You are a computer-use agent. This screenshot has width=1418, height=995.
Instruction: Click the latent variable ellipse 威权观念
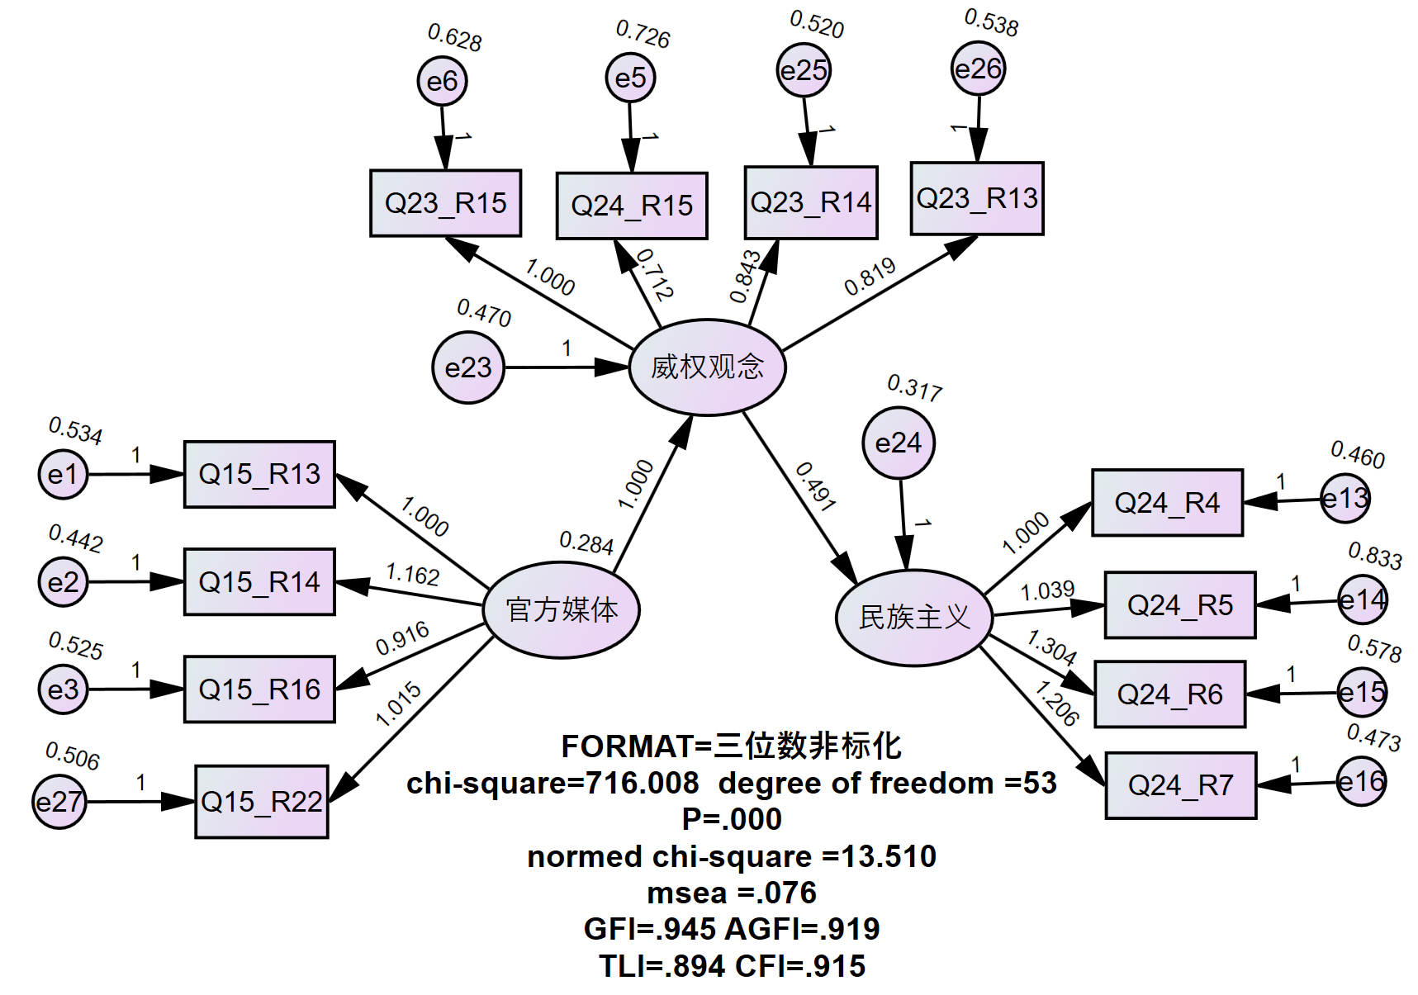coord(707,367)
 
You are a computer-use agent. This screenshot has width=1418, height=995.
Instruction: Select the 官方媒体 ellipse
coord(562,610)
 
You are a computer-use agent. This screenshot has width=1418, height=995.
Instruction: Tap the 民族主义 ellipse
coord(914,618)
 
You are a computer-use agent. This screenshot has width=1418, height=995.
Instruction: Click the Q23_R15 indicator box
coord(445,203)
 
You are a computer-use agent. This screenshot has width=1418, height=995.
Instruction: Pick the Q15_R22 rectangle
coord(262,802)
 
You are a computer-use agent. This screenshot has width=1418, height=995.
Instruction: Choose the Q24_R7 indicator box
coord(1181,785)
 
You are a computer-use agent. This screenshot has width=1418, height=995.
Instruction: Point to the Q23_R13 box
coord(977,198)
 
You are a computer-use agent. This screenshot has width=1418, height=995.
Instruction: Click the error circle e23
coord(468,367)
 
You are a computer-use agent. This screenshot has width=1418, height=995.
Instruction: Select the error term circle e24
coord(899,443)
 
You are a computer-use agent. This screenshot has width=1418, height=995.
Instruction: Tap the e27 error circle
coord(59,802)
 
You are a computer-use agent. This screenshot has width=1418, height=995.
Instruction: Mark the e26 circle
coord(978,69)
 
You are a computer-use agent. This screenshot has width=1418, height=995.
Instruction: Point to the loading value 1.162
coord(412,574)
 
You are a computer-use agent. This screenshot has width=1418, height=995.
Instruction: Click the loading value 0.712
coord(656,274)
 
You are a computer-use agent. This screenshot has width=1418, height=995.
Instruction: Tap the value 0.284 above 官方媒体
coord(586,543)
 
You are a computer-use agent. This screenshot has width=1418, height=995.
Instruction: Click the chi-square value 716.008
coord(642,783)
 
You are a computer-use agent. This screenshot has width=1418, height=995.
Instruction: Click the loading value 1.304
coord(1051,647)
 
